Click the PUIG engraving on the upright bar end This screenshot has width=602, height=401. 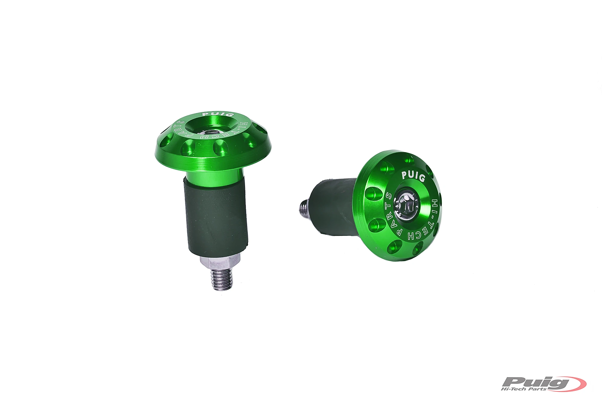(x=213, y=114)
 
